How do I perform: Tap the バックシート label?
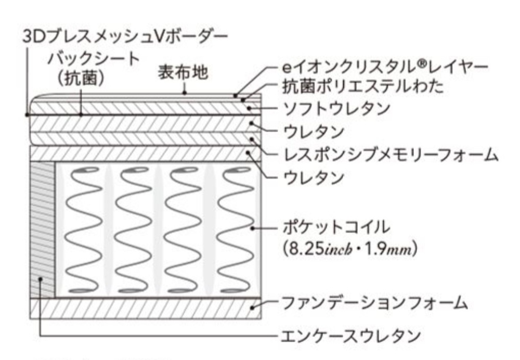coord(94,59)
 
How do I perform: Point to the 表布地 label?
coord(183,73)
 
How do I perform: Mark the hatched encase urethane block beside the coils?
coord(42,229)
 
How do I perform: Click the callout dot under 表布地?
coord(185,94)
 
